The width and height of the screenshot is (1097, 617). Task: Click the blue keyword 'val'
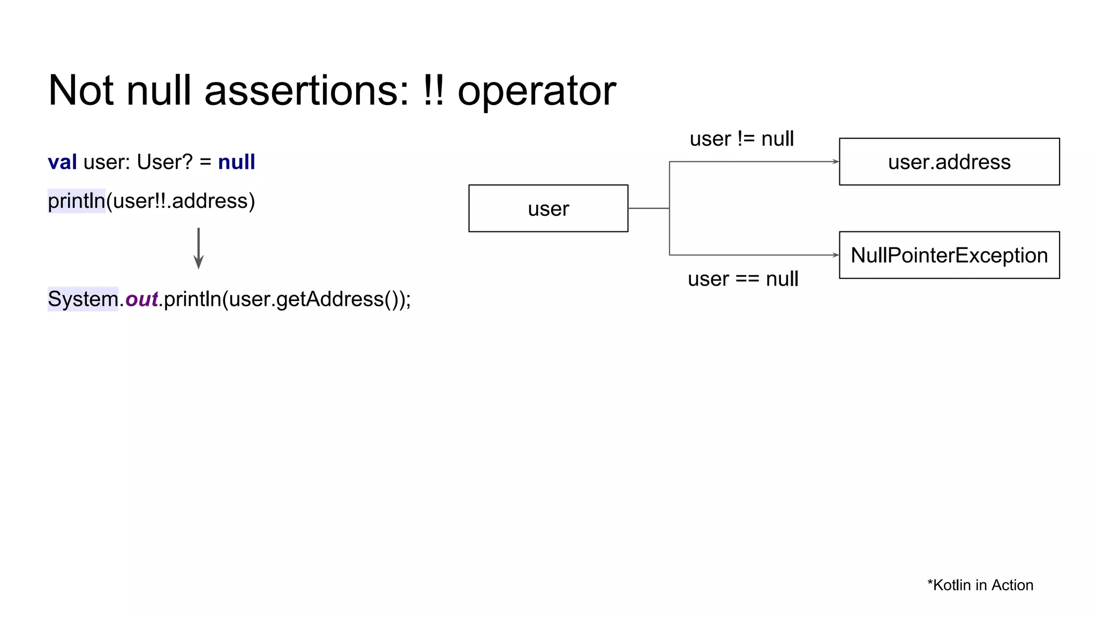tap(62, 162)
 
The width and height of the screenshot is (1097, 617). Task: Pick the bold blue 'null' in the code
tap(236, 162)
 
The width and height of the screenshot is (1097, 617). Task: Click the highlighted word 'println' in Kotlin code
tap(77, 201)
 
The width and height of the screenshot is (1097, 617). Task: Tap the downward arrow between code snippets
tap(198, 249)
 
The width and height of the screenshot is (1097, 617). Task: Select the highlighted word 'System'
tap(83, 299)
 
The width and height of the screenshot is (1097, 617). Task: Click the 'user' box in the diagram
tap(548, 208)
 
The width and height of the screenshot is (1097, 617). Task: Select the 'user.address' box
tap(949, 162)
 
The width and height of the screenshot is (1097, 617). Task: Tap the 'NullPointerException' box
tap(949, 255)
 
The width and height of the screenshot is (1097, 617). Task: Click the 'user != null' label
tap(741, 139)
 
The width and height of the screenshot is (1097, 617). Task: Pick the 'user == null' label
tap(742, 279)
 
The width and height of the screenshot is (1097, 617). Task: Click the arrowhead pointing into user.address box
tap(836, 162)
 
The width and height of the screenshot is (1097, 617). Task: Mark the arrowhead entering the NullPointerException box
tap(836, 255)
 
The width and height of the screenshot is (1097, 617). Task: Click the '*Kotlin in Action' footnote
tap(980, 585)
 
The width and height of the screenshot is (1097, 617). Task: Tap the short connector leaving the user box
tap(648, 208)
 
